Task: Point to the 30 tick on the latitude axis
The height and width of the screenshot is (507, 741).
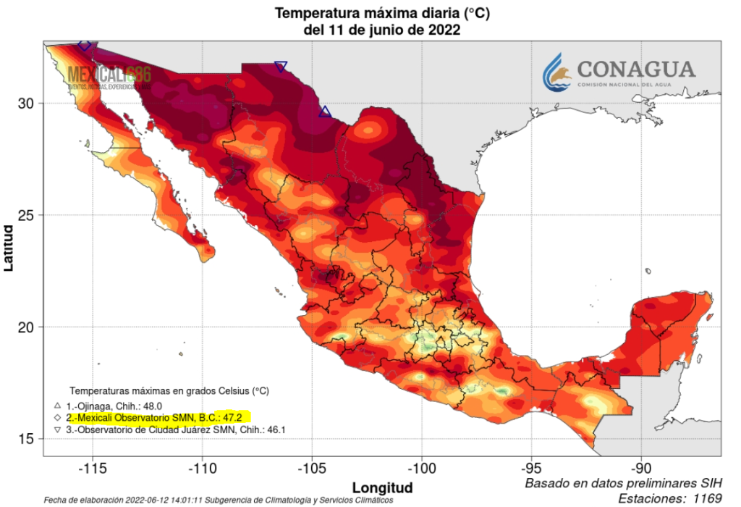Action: [26, 104]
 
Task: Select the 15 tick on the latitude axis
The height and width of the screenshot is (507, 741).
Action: [26, 439]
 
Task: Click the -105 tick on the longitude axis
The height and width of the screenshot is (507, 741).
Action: [312, 467]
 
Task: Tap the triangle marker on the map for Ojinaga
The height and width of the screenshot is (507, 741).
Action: [325, 112]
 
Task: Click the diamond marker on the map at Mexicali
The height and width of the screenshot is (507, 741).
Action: [85, 45]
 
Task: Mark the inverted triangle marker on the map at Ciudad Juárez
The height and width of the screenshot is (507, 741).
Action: [281, 67]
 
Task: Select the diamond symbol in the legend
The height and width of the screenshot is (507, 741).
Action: [57, 419]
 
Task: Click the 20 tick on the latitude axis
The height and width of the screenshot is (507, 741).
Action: [26, 327]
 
